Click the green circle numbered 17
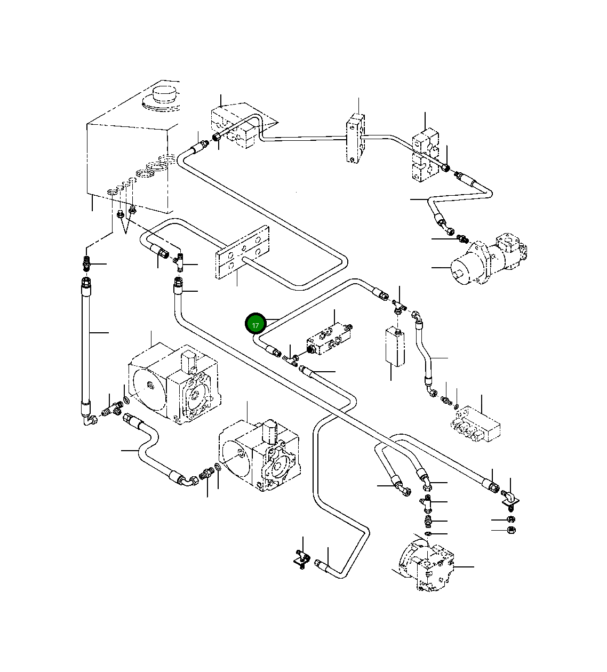(255, 324)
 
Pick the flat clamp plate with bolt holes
(242, 252)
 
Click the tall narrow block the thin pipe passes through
(355, 138)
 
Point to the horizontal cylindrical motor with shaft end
(489, 259)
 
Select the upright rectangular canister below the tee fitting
(395, 347)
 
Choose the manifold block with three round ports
(476, 424)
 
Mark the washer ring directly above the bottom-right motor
(428, 533)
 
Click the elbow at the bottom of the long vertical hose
(89, 420)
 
